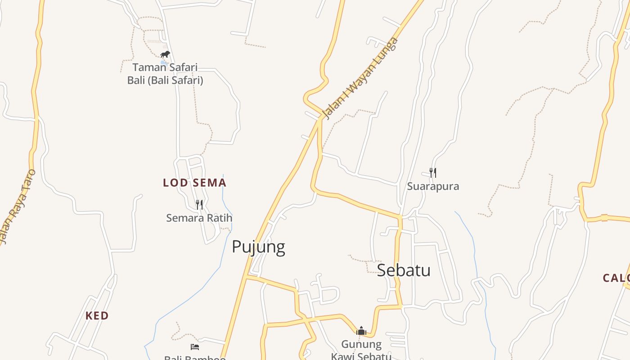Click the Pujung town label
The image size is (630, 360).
[258, 247]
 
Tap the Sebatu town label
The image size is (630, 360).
[404, 270]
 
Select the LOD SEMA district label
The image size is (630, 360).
[194, 183]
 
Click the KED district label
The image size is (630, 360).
[97, 316]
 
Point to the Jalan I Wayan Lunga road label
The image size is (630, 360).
[361, 79]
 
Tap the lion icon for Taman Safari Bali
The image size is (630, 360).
[165, 55]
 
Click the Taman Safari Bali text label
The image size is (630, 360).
[165, 74]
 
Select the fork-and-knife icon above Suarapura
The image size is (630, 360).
[432, 173]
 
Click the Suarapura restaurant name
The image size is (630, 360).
[433, 186]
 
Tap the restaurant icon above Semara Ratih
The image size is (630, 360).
[199, 205]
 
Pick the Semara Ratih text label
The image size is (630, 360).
[199, 218]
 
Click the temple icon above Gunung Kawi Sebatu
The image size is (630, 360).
[361, 331]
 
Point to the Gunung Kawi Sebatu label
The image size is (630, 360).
[361, 350]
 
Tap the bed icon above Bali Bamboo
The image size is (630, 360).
[195, 346]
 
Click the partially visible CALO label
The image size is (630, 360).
[616, 278]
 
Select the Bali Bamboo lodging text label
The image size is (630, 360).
[195, 358]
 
